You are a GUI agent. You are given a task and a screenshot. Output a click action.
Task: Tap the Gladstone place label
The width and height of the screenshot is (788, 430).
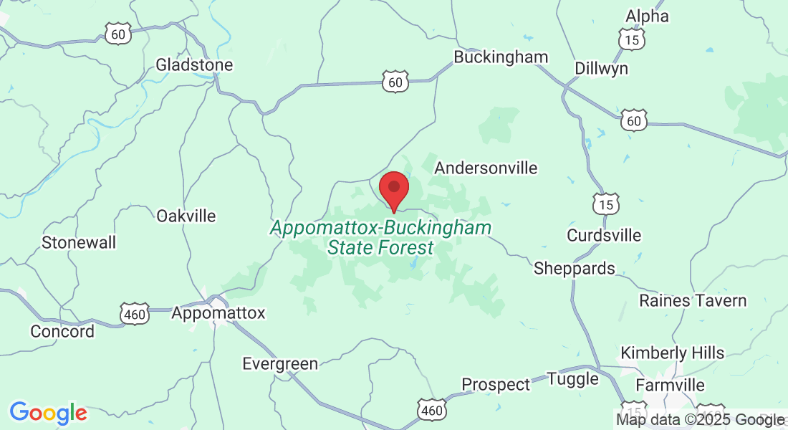point(194,65)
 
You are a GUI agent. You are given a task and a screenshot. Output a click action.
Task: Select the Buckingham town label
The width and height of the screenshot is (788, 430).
point(501,57)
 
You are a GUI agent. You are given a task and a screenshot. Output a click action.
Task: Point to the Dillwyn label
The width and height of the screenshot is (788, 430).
point(601,68)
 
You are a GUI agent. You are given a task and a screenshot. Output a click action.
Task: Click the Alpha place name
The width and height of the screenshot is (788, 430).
point(647,16)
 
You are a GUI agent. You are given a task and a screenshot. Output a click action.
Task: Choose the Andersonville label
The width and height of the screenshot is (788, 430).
point(486,168)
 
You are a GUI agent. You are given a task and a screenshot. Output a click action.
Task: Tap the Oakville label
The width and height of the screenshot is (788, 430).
point(186,216)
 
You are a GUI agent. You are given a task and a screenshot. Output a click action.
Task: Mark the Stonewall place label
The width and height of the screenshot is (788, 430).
point(79,242)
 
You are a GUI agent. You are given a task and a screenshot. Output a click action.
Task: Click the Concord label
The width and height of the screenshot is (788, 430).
point(62,331)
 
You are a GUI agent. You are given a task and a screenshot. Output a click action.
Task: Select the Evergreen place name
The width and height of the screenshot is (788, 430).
point(279,364)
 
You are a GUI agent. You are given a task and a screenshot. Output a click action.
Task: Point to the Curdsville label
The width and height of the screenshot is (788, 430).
point(604,236)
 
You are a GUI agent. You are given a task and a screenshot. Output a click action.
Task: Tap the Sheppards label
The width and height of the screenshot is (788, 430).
point(574,269)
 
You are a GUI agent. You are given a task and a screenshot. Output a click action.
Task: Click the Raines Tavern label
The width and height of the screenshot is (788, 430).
point(693,300)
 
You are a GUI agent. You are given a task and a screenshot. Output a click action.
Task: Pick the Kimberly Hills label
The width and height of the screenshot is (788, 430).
point(672,353)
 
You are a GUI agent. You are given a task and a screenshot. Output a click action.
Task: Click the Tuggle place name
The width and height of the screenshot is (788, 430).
point(572,379)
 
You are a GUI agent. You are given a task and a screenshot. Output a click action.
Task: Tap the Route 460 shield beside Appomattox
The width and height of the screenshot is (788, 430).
point(135,313)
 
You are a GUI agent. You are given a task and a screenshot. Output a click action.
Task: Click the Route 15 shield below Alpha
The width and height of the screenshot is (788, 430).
point(631,39)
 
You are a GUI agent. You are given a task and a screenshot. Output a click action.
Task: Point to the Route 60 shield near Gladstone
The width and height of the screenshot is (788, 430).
point(118,32)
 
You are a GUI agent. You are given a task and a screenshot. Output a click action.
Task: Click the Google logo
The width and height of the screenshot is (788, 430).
point(48,413)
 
